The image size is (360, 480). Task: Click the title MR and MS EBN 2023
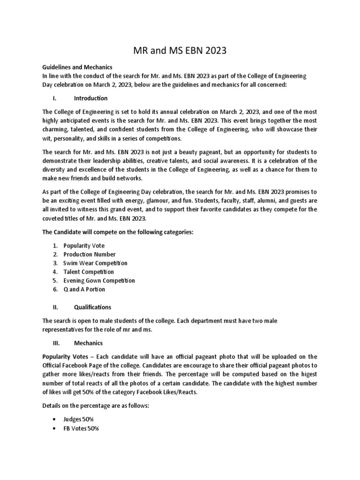point(180,50)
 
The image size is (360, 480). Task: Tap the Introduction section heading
point(90,98)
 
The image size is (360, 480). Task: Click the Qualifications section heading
point(92,307)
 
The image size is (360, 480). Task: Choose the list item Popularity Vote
point(84,246)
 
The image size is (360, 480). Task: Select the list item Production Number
point(89,255)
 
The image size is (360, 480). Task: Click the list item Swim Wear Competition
point(95,263)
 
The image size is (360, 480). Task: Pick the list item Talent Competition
point(89,272)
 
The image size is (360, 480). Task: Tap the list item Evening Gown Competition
point(99,281)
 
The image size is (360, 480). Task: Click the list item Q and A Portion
point(84,289)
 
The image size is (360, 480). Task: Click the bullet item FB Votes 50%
point(81,429)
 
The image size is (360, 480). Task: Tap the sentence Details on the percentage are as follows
point(96,405)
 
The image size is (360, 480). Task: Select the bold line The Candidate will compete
point(117,232)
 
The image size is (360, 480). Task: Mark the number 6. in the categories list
point(55,289)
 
